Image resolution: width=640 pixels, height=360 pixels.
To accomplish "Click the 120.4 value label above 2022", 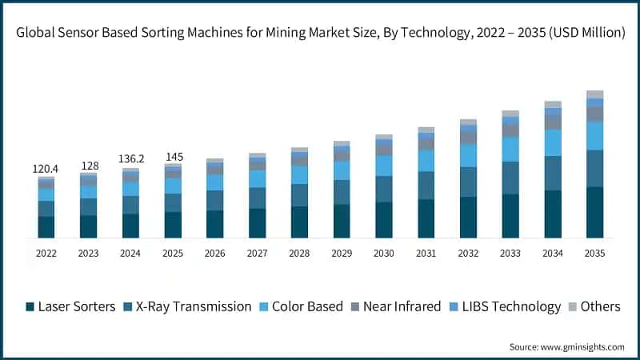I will click(x=46, y=169).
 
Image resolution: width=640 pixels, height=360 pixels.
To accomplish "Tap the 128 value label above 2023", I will click(x=88, y=166).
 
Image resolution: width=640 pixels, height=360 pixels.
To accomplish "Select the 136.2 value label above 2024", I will click(x=130, y=159).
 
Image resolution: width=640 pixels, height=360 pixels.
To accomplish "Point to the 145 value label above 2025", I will click(x=173, y=156).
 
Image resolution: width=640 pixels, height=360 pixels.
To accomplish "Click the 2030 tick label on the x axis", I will click(x=384, y=253).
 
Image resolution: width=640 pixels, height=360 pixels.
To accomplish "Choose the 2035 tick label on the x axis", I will click(x=594, y=253).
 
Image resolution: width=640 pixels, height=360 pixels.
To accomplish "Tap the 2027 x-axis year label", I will click(x=257, y=253).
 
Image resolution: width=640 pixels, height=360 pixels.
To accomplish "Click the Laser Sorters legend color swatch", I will click(x=30, y=307).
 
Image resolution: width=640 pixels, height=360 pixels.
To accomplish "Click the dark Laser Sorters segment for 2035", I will click(x=594, y=212).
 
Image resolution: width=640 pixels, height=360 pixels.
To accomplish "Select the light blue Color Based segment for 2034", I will click(x=553, y=142).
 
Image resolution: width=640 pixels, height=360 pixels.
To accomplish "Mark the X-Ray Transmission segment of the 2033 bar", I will click(x=510, y=178).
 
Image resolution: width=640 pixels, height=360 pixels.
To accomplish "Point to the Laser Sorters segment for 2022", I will click(x=46, y=227).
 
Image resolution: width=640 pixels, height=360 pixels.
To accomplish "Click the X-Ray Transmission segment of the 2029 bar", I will click(x=342, y=192).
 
